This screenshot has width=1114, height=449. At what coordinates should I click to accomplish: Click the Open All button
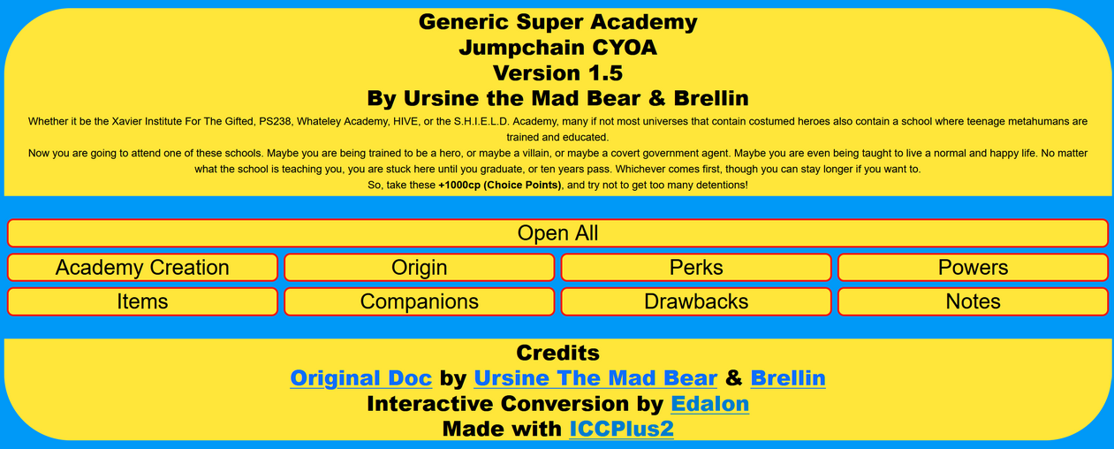[x=557, y=233]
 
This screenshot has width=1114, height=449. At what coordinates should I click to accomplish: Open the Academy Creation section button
[x=142, y=268]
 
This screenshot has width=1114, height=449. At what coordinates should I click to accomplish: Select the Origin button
[x=419, y=268]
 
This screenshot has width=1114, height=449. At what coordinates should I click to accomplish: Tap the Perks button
[x=696, y=268]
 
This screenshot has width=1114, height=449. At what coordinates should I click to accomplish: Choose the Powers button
[x=973, y=268]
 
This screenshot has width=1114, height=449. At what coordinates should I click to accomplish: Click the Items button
[x=142, y=301]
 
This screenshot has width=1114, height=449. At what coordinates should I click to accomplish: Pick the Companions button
[x=419, y=301]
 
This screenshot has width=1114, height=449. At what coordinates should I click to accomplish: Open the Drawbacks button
[x=696, y=301]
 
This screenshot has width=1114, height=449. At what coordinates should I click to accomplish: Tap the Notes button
[x=973, y=301]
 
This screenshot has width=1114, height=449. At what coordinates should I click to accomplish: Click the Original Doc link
[x=360, y=378]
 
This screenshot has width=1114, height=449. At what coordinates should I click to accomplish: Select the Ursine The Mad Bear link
[x=595, y=378]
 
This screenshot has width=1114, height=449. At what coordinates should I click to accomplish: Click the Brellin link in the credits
[x=788, y=378]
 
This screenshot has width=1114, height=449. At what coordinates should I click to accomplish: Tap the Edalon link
[x=709, y=404]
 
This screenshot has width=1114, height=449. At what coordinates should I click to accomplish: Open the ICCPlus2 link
[x=621, y=430]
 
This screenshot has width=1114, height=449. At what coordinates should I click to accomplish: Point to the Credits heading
[x=557, y=353]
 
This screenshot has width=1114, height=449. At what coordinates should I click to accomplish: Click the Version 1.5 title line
[x=557, y=72]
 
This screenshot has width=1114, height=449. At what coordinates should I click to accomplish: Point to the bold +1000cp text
[x=500, y=186]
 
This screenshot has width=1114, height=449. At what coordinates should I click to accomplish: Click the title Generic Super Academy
[x=557, y=22]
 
